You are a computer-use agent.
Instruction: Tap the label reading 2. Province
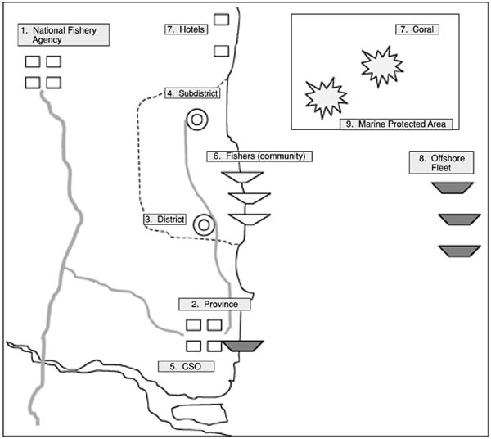(x=214, y=304)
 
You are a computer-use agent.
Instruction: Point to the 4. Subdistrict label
(x=191, y=93)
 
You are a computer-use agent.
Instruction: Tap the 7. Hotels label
(x=185, y=29)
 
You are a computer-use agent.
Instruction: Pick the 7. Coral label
(x=417, y=29)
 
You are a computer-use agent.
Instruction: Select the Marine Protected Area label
(x=396, y=124)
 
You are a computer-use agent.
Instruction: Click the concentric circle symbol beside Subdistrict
(x=196, y=120)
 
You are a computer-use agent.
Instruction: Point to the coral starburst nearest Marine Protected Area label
(x=323, y=97)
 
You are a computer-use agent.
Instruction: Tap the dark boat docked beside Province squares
(x=243, y=346)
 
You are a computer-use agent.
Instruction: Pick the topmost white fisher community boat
(x=243, y=178)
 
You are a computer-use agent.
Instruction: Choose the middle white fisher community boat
(x=249, y=198)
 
